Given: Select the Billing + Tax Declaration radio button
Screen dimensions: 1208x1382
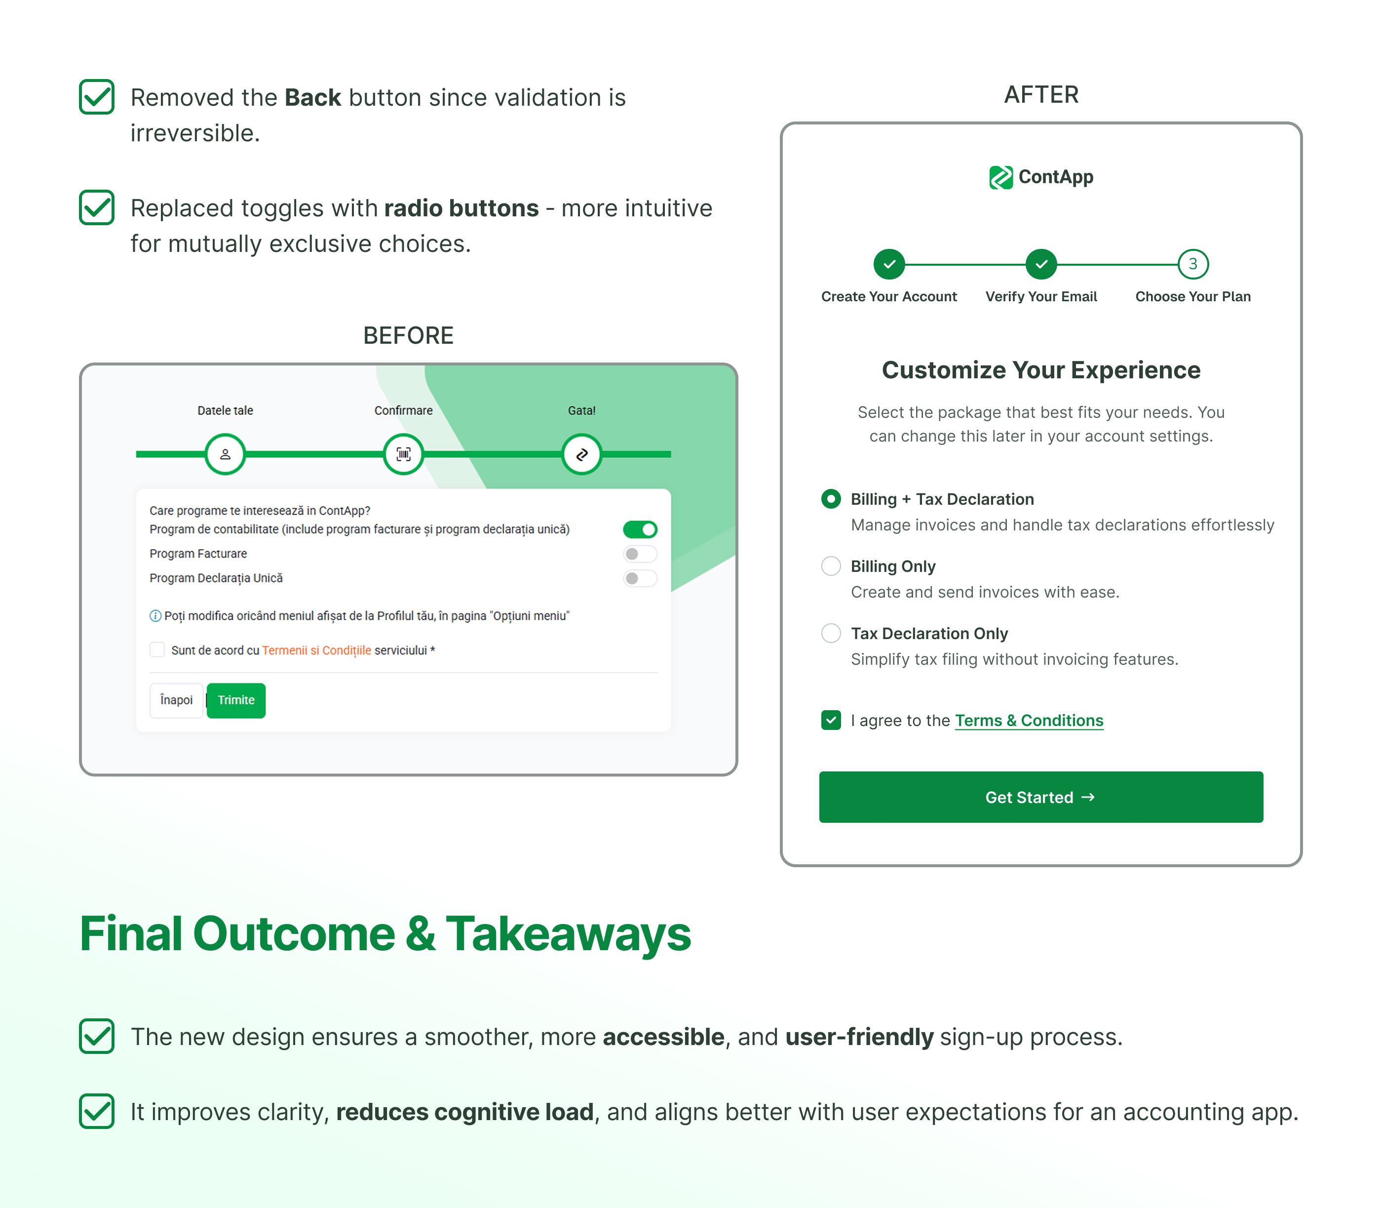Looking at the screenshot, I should tap(831, 499).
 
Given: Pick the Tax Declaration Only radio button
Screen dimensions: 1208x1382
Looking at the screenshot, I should tap(831, 633).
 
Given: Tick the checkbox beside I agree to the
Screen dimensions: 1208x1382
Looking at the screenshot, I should tap(831, 720).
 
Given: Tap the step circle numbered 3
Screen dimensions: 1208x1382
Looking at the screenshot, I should tap(1192, 264).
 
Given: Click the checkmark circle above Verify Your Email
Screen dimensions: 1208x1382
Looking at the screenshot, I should tap(1040, 264).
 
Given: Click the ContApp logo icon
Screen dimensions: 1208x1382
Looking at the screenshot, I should tap(1000, 177).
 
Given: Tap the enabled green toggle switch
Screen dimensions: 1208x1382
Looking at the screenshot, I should tap(640, 529).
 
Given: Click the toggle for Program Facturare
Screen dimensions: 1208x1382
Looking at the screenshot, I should tap(640, 554).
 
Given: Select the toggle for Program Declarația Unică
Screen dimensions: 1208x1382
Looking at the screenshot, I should tap(640, 578).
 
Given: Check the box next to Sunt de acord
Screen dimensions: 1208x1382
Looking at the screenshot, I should tap(157, 650).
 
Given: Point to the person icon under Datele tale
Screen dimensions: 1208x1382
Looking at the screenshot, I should tap(225, 454).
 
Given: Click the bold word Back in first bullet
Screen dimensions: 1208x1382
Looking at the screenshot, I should tap(312, 98).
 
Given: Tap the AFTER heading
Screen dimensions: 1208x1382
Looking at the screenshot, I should tap(1040, 95).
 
